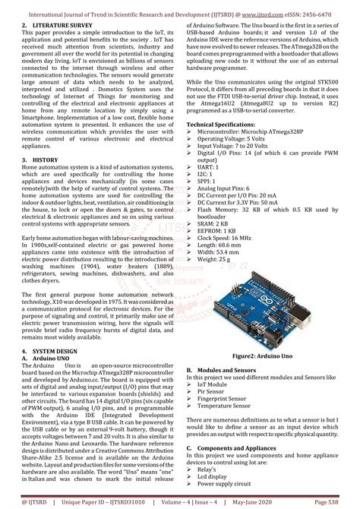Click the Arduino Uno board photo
point(263,308)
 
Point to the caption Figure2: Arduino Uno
point(263,356)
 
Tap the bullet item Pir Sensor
point(213,390)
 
